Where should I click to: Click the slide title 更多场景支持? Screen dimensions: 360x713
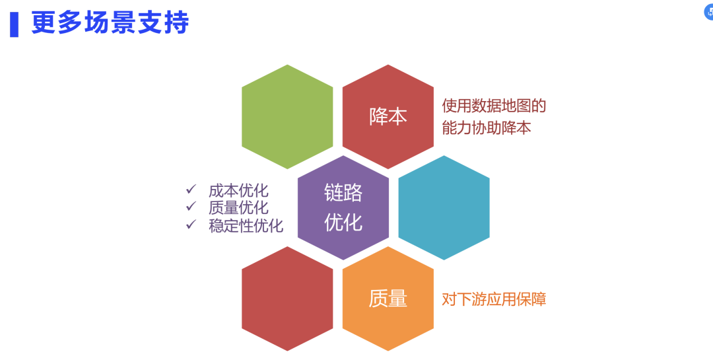click(110, 23)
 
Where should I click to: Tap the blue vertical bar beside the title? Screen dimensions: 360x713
click(14, 24)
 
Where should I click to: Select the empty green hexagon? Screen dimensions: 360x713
click(287, 117)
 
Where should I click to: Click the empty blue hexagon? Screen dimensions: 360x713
click(444, 207)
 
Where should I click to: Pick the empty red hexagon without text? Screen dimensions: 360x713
click(287, 299)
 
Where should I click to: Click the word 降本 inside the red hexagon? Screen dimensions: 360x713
click(388, 117)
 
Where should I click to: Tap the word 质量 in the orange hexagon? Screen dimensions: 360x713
click(388, 299)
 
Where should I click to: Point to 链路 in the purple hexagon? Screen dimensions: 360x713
click(343, 193)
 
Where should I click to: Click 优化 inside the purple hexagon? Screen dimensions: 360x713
click(343, 222)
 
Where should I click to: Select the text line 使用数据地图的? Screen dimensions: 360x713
click(494, 106)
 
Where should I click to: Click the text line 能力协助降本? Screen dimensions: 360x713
click(487, 127)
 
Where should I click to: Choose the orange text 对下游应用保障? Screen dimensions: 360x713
click(494, 299)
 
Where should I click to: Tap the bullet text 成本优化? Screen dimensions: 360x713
click(238, 191)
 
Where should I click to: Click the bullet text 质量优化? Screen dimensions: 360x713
click(238, 208)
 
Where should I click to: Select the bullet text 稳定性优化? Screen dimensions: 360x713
click(246, 225)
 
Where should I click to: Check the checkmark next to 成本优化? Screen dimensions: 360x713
click(191, 190)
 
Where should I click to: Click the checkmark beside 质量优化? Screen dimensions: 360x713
click(191, 207)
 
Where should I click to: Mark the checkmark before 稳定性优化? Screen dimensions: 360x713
click(191, 224)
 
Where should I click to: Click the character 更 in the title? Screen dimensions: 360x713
click(42, 23)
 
